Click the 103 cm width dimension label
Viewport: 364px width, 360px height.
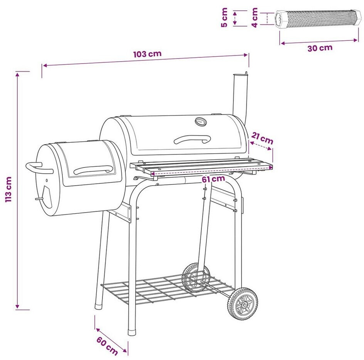coord(147,54)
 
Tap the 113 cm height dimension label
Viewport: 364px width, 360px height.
coord(8,189)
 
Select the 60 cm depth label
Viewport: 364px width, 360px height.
coord(107,346)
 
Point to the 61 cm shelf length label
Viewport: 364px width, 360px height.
coord(213,179)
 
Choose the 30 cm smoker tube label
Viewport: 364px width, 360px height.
coord(320,48)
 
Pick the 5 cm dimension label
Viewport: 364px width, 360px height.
coord(225,17)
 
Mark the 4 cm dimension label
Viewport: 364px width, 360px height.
coord(255,17)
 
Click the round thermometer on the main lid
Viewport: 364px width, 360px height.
coord(201,122)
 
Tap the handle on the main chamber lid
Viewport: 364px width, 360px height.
coord(193,139)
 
